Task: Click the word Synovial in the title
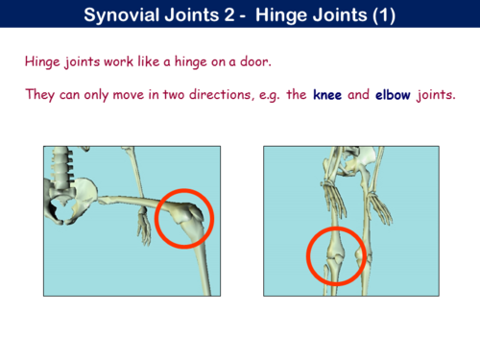tap(123, 15)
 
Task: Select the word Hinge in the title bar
tap(278, 15)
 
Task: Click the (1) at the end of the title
tap(384, 15)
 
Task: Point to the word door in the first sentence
tap(255, 61)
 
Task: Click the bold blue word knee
tap(327, 95)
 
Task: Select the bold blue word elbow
tap(393, 95)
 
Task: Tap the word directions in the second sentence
tap(220, 95)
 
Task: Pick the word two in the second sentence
tap(174, 95)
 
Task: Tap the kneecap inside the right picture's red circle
tap(336, 257)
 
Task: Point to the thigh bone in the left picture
tap(134, 203)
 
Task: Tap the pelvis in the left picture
tap(69, 200)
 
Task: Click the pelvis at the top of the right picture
tap(355, 161)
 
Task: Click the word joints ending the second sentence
tap(436, 95)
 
